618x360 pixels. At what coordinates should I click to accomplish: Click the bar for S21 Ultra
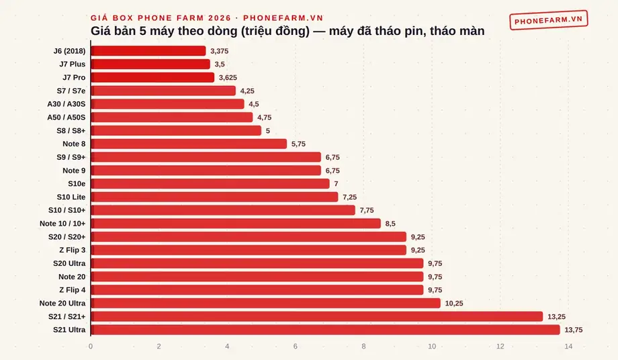pyautogui.click(x=325, y=330)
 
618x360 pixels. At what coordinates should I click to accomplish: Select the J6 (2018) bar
pyautogui.click(x=148, y=51)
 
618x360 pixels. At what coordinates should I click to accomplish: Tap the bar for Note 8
pyautogui.click(x=189, y=144)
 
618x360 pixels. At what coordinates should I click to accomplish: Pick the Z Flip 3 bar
pyautogui.click(x=249, y=250)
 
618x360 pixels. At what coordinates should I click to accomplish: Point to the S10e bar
pyautogui.click(x=210, y=183)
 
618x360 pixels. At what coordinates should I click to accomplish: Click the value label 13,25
pyautogui.click(x=556, y=316)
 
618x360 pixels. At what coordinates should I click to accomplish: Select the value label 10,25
pyautogui.click(x=454, y=304)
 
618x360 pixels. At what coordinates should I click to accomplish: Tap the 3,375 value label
pyautogui.click(x=220, y=51)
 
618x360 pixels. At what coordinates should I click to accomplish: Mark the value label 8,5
pyautogui.click(x=390, y=224)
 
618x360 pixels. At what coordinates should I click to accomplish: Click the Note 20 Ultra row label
pyautogui.click(x=62, y=304)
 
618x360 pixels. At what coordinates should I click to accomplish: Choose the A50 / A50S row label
pyautogui.click(x=67, y=118)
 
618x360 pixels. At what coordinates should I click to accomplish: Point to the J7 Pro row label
pyautogui.click(x=74, y=78)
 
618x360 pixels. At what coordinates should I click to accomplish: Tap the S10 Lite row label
pyautogui.click(x=71, y=197)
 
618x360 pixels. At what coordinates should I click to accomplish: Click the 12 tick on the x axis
pyautogui.click(x=500, y=346)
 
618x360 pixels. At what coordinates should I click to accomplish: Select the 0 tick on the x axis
pyautogui.click(x=91, y=346)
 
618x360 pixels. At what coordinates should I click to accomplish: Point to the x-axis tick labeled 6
pyautogui.click(x=295, y=346)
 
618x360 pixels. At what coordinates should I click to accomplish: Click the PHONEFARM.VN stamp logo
pyautogui.click(x=549, y=20)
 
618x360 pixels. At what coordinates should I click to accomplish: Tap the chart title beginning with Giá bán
pyautogui.click(x=288, y=31)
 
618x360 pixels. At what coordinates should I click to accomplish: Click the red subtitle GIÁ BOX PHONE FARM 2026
pyautogui.click(x=161, y=17)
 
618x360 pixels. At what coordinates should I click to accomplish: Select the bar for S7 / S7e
pyautogui.click(x=163, y=91)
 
